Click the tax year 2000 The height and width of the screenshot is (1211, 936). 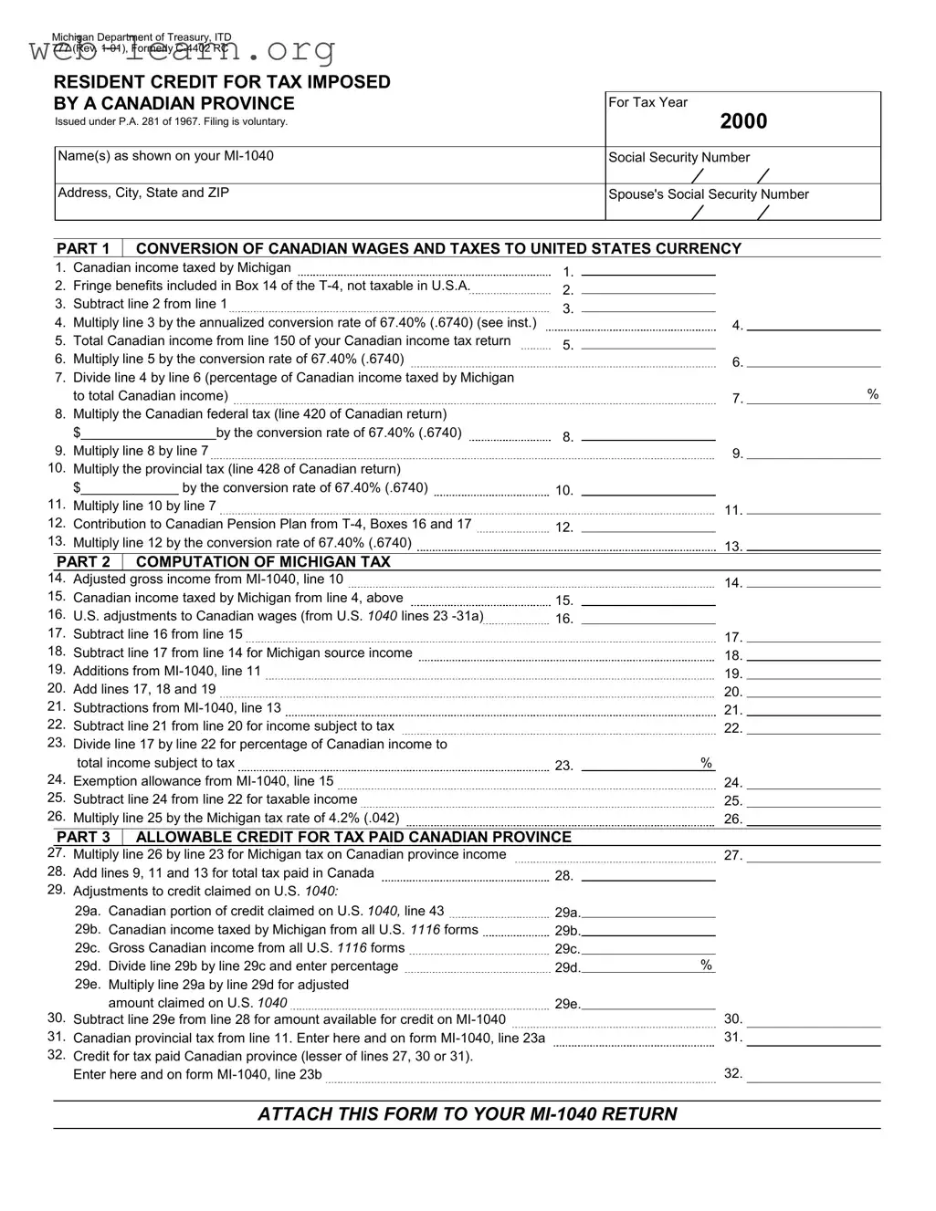tap(742, 121)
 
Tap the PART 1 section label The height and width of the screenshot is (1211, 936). tap(83, 248)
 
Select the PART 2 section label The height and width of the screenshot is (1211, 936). tap(83, 562)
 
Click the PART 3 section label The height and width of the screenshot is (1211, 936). tap(83, 837)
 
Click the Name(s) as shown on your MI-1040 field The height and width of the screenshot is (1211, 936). tap(329, 164)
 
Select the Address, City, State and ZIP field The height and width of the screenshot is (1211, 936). tap(329, 203)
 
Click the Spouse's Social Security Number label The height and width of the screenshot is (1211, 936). tap(709, 194)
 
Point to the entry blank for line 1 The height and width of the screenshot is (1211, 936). tap(648, 269)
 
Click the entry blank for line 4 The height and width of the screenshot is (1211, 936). tap(814, 324)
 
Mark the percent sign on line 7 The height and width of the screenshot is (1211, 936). tap(873, 394)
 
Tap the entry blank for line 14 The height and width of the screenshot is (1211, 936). tap(814, 581)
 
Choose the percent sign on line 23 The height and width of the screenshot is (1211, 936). tap(706, 763)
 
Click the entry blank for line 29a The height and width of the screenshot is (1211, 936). tap(648, 912)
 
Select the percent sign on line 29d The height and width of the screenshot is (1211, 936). tap(706, 965)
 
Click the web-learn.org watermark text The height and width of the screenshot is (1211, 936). tap(183, 50)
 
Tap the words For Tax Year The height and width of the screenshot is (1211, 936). tap(647, 102)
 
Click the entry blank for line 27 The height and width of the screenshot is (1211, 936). tap(814, 856)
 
